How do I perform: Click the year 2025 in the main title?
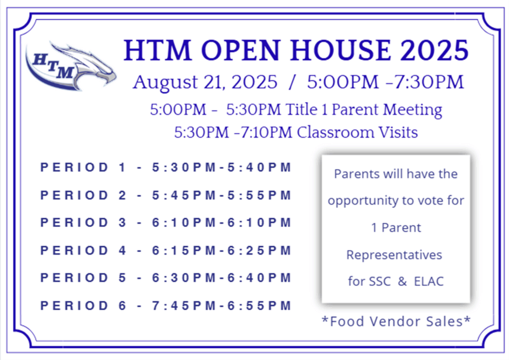(434, 50)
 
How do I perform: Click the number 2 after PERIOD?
(122, 195)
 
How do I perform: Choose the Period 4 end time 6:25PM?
(259, 250)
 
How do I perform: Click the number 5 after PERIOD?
(122, 277)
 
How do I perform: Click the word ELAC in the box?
(428, 281)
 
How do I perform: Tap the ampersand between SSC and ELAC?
(402, 281)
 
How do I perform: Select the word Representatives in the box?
(394, 255)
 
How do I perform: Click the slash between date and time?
(292, 82)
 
